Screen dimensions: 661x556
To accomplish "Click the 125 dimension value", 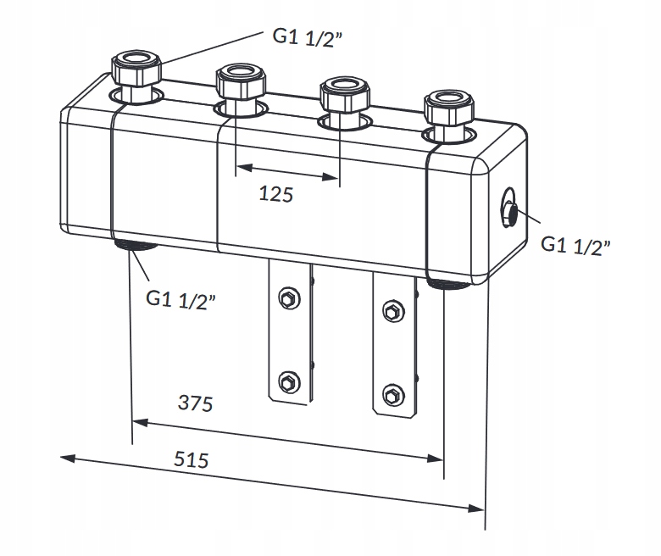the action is [x=275, y=194].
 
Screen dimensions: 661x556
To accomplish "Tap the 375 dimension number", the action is [x=195, y=403].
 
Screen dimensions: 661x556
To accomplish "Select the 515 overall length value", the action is [x=191, y=459].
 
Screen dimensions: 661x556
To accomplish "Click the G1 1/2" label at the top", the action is [x=308, y=38].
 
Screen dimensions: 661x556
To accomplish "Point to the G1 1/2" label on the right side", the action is [x=575, y=246].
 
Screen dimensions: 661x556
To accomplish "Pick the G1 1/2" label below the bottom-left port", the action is [x=181, y=300].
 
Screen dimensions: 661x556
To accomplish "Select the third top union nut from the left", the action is [x=345, y=93].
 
